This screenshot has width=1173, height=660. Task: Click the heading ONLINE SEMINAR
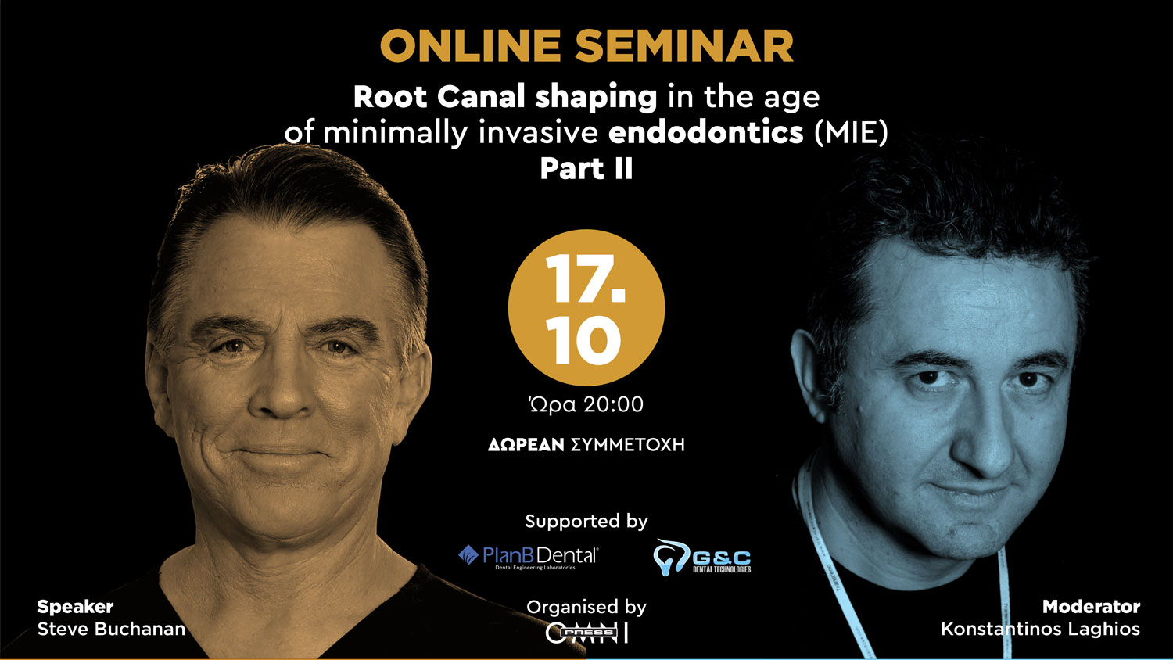click(586, 46)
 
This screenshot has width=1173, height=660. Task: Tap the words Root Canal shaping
click(505, 97)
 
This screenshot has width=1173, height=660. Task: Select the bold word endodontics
click(706, 132)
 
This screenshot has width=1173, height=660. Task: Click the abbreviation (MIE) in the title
click(851, 132)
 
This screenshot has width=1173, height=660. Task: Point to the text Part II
click(586, 169)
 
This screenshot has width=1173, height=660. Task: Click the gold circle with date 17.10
click(586, 307)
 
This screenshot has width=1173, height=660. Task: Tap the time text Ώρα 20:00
click(586, 404)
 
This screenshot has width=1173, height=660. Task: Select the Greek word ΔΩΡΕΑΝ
click(526, 445)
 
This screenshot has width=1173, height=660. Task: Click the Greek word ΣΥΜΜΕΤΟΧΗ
click(628, 445)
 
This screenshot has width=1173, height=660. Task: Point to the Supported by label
click(586, 522)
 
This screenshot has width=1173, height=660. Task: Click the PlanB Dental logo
click(528, 557)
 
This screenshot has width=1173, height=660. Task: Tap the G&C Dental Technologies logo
click(702, 558)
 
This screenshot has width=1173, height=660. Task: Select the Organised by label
click(586, 607)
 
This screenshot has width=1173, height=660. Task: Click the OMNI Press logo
click(586, 633)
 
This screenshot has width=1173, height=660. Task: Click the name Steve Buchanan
click(111, 630)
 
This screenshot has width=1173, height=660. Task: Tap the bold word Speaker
click(75, 607)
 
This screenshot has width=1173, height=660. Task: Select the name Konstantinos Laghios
click(1040, 630)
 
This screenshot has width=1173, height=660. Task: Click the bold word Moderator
click(1091, 607)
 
